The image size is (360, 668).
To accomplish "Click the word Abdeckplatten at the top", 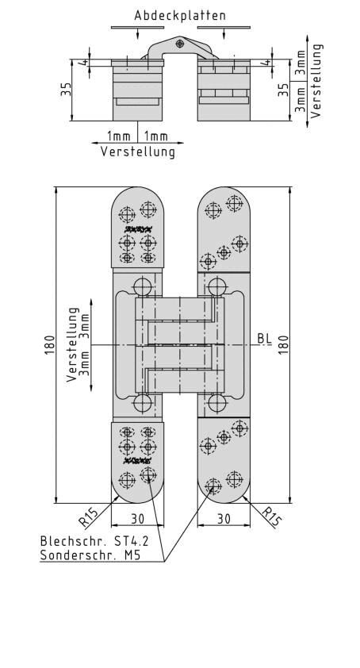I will (169, 15).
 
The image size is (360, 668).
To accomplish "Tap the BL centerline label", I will (264, 339).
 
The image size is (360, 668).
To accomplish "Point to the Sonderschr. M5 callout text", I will (82, 555).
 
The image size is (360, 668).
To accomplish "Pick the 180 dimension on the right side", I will (283, 345).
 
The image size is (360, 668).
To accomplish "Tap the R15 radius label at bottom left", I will (90, 517).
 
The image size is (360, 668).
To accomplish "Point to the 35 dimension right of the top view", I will (285, 90).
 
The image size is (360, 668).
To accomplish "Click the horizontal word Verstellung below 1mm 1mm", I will (137, 151).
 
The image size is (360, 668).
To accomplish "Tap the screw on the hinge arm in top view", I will (181, 43).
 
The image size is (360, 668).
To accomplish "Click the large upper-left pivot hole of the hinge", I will (143, 286).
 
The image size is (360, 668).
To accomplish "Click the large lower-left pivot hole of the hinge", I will (143, 403).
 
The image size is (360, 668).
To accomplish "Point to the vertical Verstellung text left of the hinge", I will (73, 345).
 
